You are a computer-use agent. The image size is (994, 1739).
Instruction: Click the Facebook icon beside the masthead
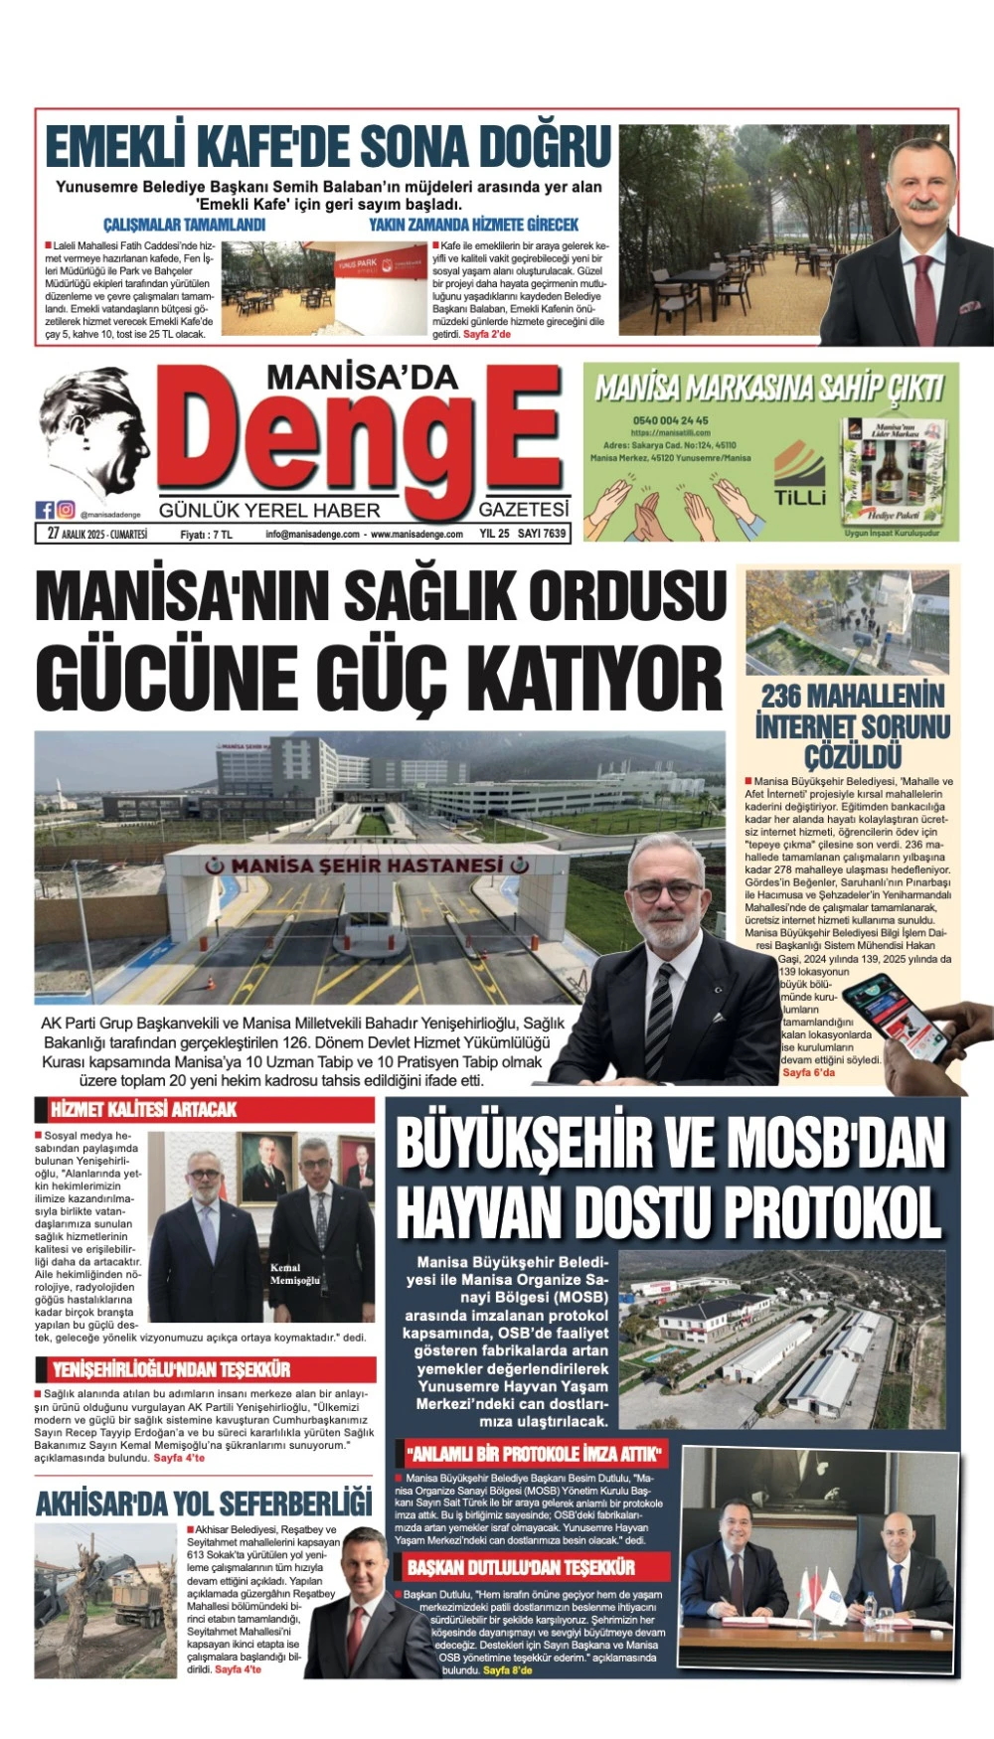[45, 510]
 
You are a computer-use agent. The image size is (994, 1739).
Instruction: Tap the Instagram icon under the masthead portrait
[66, 510]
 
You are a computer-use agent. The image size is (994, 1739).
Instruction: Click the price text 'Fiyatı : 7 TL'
[206, 534]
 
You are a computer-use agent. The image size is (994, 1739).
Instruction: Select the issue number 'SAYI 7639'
[542, 534]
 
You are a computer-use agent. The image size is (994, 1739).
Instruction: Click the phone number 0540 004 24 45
[670, 420]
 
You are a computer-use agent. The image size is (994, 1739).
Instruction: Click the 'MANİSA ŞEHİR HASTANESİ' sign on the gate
[367, 866]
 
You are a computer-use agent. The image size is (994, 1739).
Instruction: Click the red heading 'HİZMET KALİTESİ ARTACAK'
[143, 1109]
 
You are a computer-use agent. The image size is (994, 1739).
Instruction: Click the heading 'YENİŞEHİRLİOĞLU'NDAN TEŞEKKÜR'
[171, 1370]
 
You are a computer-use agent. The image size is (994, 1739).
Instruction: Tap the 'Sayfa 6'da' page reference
[808, 1072]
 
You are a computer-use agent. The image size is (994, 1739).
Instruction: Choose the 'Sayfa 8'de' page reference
[507, 1670]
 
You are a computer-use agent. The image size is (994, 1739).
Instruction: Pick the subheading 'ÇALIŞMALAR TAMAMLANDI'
[184, 225]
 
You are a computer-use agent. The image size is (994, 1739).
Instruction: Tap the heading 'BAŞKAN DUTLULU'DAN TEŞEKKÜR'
[521, 1567]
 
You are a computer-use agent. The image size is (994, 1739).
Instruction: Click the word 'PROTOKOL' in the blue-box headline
[833, 1212]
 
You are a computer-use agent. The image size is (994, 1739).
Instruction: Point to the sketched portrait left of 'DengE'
[94, 432]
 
